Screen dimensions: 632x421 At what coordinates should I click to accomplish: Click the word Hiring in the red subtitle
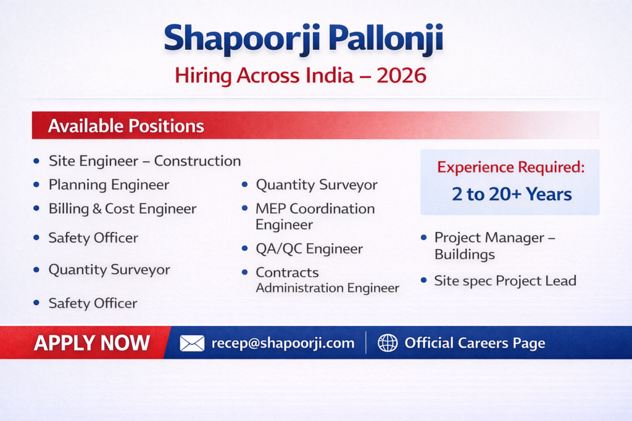pyautogui.click(x=203, y=76)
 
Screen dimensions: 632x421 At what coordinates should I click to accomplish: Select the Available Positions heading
pyautogui.click(x=126, y=126)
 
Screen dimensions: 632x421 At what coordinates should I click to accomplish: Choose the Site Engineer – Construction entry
pyautogui.click(x=144, y=161)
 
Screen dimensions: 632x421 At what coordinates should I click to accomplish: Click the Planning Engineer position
pyautogui.click(x=109, y=185)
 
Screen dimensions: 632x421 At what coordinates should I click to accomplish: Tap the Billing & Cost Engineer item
pyautogui.click(x=123, y=208)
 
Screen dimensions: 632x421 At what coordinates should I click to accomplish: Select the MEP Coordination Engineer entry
pyautogui.click(x=315, y=216)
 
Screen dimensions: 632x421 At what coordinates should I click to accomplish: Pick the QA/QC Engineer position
pyautogui.click(x=309, y=249)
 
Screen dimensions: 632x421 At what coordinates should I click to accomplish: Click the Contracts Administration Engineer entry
pyautogui.click(x=327, y=280)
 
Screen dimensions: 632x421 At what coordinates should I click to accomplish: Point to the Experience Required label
pyautogui.click(x=510, y=167)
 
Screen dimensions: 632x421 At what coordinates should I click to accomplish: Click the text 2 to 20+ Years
pyautogui.click(x=512, y=194)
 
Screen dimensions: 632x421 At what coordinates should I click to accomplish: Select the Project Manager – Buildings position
pyautogui.click(x=495, y=246)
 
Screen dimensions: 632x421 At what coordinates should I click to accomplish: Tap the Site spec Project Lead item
pyautogui.click(x=505, y=281)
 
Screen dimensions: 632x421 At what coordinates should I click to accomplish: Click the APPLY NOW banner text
pyautogui.click(x=92, y=343)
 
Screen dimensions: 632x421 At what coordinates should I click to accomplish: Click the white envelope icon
pyautogui.click(x=192, y=343)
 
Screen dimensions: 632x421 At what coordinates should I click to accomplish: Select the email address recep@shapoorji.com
pyautogui.click(x=283, y=343)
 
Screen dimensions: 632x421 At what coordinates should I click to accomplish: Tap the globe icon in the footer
pyautogui.click(x=388, y=343)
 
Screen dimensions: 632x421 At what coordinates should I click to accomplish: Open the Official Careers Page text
pyautogui.click(x=475, y=343)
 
